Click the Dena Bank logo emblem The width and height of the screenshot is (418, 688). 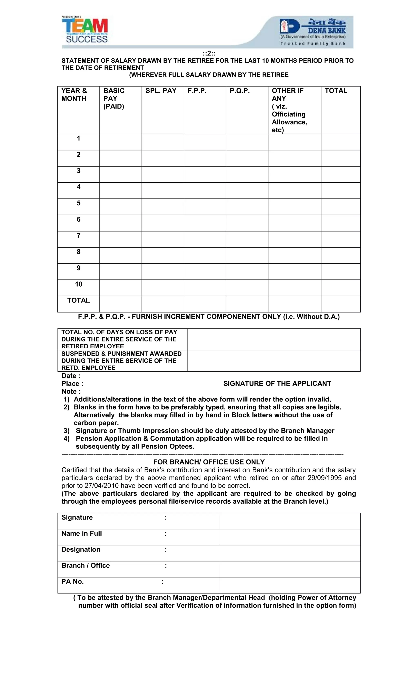pyautogui.click(x=289, y=27)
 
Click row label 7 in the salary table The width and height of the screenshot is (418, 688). pyautogui.click(x=79, y=236)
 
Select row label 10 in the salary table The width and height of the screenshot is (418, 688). pyautogui.click(x=79, y=284)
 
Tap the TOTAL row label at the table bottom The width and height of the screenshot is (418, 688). pyautogui.click(x=79, y=300)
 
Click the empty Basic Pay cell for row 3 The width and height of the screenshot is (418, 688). pyautogui.click(x=120, y=175)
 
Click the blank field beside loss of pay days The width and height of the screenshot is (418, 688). pyautogui.click(x=273, y=339)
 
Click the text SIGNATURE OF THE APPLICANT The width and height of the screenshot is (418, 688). pyautogui.click(x=277, y=384)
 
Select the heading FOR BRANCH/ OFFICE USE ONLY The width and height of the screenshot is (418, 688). pyautogui.click(x=209, y=462)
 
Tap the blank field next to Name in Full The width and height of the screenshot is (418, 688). pyautogui.click(x=289, y=537)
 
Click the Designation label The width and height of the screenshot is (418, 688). pyautogui.click(x=81, y=550)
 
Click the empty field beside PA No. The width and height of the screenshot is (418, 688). pyautogui.click(x=289, y=585)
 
